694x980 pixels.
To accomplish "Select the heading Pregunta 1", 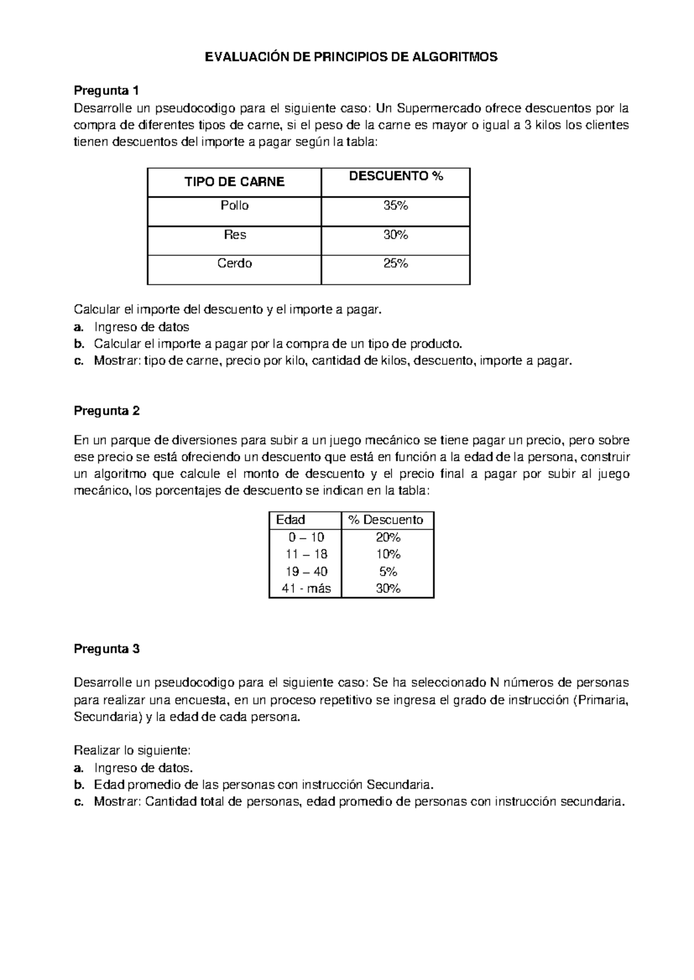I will pyautogui.click(x=106, y=91).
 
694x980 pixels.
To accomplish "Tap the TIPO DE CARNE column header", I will pyautogui.click(x=234, y=182).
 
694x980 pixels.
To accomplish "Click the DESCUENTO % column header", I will pyautogui.click(x=396, y=177).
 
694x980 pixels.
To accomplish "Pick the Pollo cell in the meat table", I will pyautogui.click(x=234, y=206).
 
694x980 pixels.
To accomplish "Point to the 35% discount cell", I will pyautogui.click(x=396, y=206).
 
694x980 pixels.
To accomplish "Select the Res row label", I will pyautogui.click(x=234, y=235).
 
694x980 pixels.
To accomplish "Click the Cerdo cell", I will pyautogui.click(x=234, y=263).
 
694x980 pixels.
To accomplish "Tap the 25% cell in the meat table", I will pyautogui.click(x=396, y=263).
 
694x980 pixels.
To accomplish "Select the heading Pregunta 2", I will pyautogui.click(x=106, y=411).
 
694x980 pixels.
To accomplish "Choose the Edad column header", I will pyautogui.click(x=290, y=519).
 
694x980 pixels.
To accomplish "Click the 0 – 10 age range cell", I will pyautogui.click(x=306, y=537).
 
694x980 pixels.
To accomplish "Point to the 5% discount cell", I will pyautogui.click(x=388, y=571).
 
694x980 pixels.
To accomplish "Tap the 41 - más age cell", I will pyautogui.click(x=306, y=589).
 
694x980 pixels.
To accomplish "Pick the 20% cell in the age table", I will pyautogui.click(x=388, y=537).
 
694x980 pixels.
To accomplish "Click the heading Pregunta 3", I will pyautogui.click(x=106, y=648).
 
